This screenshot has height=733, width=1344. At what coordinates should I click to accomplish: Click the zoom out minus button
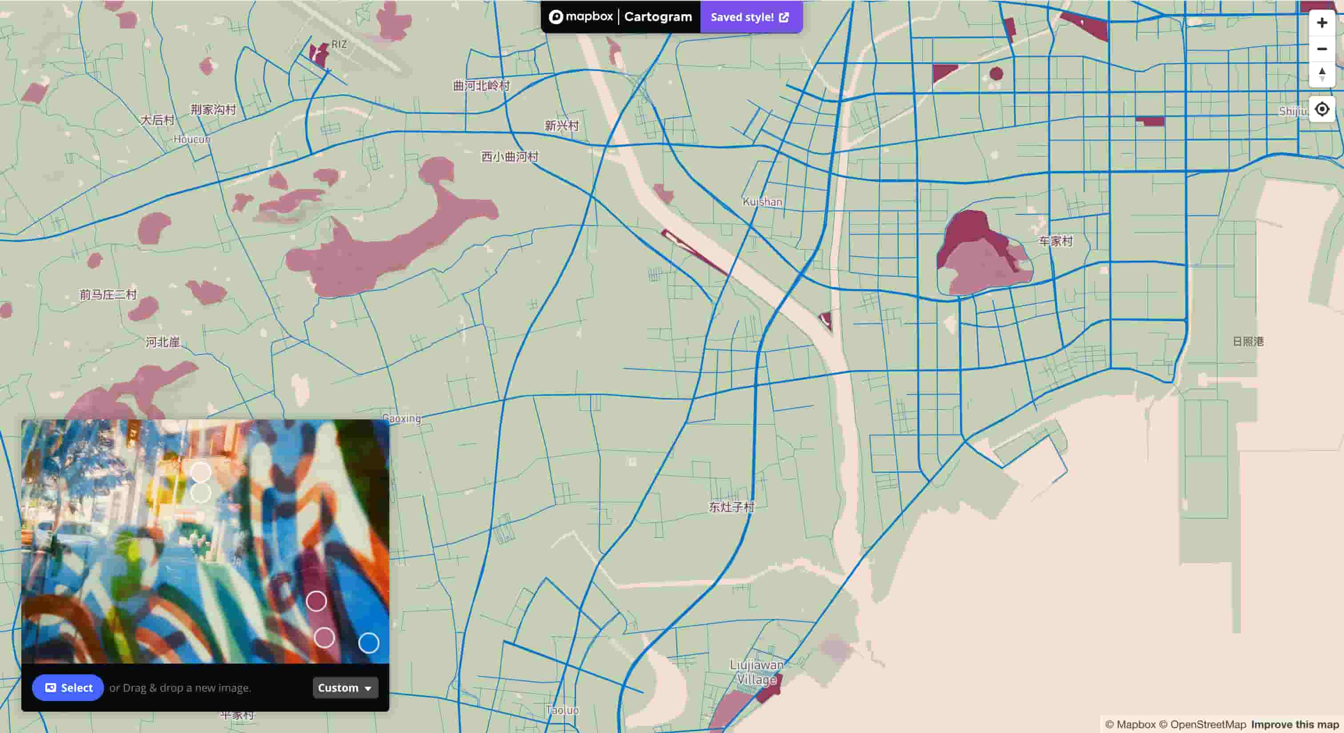1322,49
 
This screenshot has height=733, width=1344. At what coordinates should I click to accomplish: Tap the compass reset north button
1322,74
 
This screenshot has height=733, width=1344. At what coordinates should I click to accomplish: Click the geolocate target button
1322,109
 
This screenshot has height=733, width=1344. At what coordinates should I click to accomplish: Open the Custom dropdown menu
345,688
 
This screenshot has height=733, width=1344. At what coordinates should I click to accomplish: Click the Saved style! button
750,17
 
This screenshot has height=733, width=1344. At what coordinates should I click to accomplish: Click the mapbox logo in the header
581,17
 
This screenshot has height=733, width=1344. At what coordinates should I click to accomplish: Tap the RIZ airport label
339,44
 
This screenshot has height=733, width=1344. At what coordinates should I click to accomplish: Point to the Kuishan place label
762,201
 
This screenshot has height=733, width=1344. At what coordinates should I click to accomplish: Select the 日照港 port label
1248,342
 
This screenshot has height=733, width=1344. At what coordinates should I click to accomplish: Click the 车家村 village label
1055,241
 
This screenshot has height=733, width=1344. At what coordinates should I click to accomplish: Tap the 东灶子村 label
731,507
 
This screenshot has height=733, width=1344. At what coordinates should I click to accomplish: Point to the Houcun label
192,139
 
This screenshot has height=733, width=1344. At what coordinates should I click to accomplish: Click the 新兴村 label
561,126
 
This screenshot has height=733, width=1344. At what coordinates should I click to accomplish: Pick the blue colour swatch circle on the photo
368,643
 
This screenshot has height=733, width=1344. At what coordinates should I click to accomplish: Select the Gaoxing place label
401,418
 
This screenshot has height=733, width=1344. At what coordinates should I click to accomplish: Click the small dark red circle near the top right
996,74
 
